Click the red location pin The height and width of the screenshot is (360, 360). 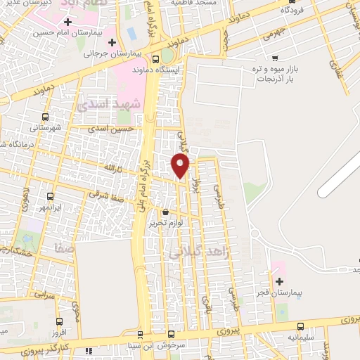[181, 165]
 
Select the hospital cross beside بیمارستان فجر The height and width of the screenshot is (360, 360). [280, 281]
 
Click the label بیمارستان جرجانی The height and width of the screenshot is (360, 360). [110, 53]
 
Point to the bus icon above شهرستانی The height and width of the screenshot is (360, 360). [46, 117]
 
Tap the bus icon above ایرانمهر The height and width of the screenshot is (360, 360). [50, 198]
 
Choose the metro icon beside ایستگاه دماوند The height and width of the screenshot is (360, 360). [155, 60]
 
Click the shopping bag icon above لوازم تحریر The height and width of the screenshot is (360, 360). [165, 212]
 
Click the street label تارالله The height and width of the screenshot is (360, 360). [112, 168]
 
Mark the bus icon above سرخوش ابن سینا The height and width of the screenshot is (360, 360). [170, 334]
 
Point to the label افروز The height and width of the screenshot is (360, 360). [60, 332]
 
